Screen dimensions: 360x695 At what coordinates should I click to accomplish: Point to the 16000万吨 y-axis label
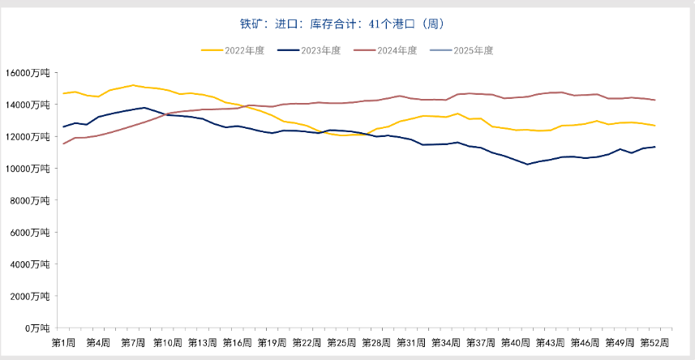tap(31, 73)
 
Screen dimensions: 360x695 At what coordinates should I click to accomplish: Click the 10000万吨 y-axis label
tap(31, 169)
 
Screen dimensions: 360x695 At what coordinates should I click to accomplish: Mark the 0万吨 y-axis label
tap(39, 328)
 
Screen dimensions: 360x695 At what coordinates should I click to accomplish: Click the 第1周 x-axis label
tap(63, 342)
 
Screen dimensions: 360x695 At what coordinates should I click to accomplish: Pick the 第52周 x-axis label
tap(654, 342)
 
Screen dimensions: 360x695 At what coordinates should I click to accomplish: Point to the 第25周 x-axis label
tap(341, 342)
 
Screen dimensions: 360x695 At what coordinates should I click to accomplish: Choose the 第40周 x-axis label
tap(516, 342)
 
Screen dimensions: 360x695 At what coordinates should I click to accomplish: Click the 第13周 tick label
tap(202, 342)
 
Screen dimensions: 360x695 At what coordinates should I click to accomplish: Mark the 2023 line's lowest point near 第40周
tap(527, 164)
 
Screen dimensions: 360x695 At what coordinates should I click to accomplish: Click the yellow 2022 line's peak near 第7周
tap(133, 85)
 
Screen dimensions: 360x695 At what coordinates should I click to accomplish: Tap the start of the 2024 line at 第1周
tap(63, 144)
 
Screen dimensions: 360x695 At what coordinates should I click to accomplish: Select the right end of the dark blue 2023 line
tap(654, 147)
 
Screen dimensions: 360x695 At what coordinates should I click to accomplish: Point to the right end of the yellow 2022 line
tap(654, 126)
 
